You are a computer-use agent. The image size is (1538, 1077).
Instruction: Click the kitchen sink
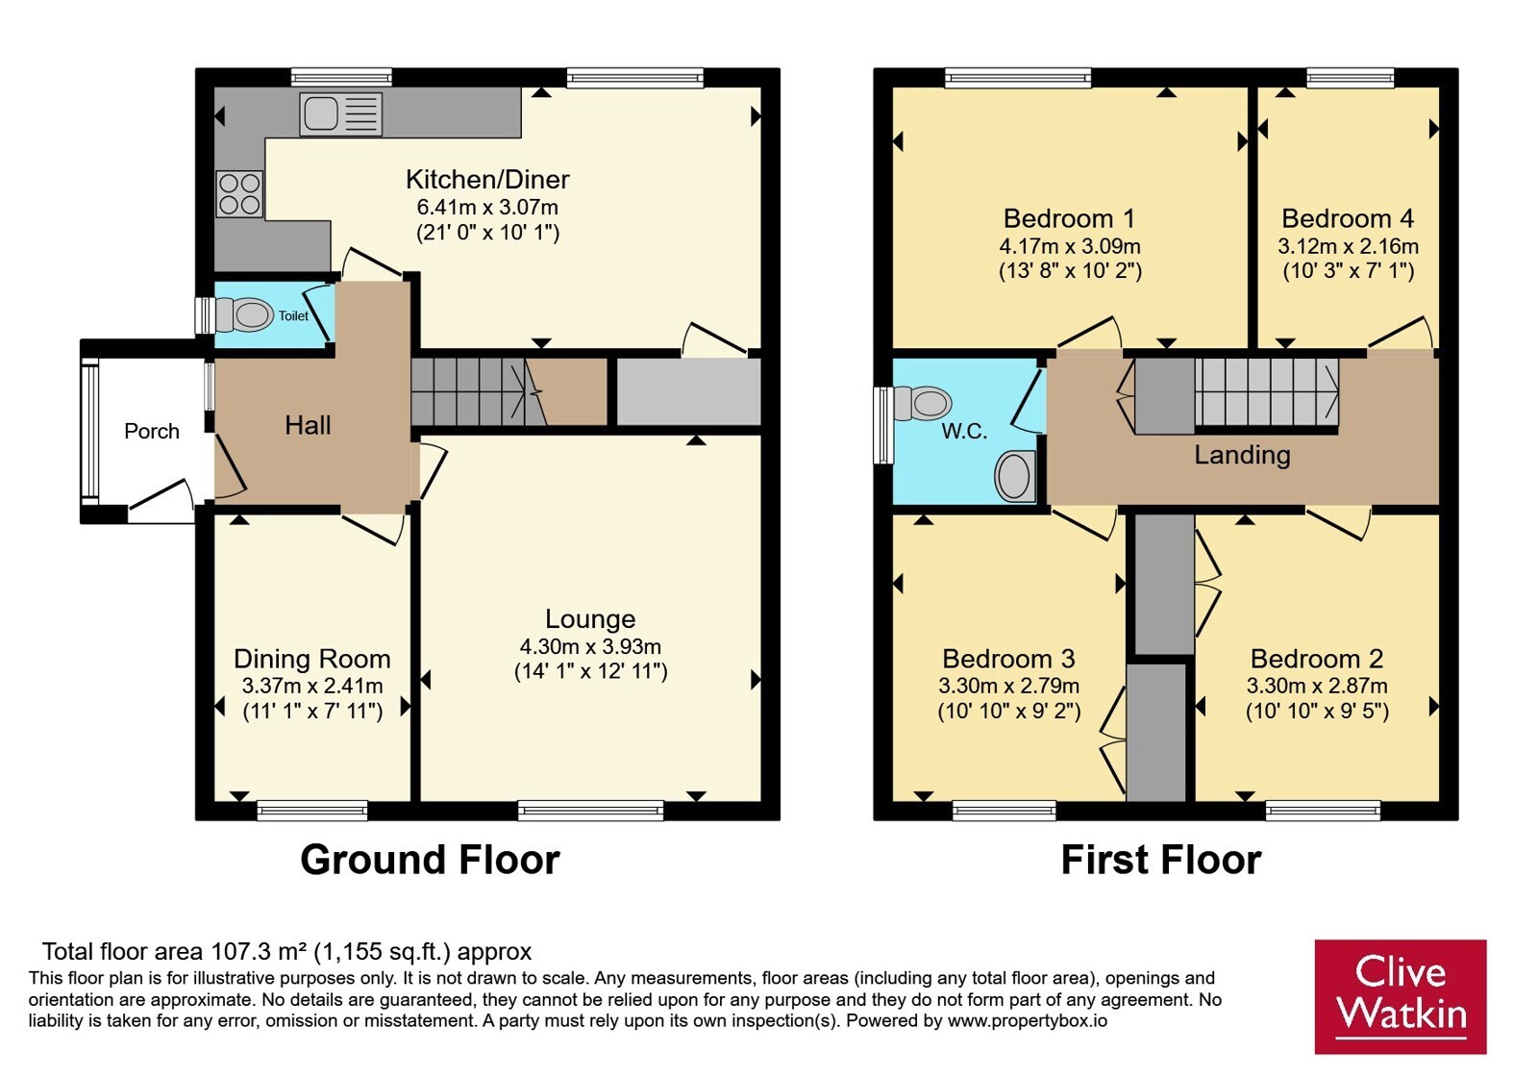click(x=340, y=113)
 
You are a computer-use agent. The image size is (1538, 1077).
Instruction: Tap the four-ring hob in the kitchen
click(x=239, y=194)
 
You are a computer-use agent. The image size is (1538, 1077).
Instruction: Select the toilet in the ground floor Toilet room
click(x=244, y=315)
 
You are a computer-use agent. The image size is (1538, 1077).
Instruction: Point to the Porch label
click(x=152, y=432)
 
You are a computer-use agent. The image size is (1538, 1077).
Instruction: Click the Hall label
click(x=308, y=426)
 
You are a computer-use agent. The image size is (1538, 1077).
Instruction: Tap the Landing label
click(x=1242, y=456)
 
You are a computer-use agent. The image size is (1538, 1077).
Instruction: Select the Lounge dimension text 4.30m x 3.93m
click(x=590, y=646)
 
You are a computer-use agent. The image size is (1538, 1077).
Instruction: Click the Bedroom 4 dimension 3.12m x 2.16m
click(x=1348, y=246)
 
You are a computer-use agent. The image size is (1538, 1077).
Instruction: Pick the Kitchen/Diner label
click(x=487, y=179)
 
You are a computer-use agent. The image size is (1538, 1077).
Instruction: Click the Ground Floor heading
click(x=430, y=860)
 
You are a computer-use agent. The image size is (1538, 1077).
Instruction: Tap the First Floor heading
click(x=1161, y=860)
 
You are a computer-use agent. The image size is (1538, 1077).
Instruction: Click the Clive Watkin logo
click(x=1401, y=996)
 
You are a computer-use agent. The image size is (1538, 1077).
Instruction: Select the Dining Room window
click(x=312, y=811)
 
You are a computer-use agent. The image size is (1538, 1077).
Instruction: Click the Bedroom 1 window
click(x=1018, y=78)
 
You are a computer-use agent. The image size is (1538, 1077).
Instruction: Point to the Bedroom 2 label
click(x=1317, y=659)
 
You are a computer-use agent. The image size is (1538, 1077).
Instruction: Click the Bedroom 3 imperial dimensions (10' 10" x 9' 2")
click(x=1009, y=711)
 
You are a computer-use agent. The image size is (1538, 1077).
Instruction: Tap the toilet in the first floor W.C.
click(x=922, y=403)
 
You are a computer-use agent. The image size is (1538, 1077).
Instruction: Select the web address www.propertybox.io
click(x=1028, y=1020)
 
